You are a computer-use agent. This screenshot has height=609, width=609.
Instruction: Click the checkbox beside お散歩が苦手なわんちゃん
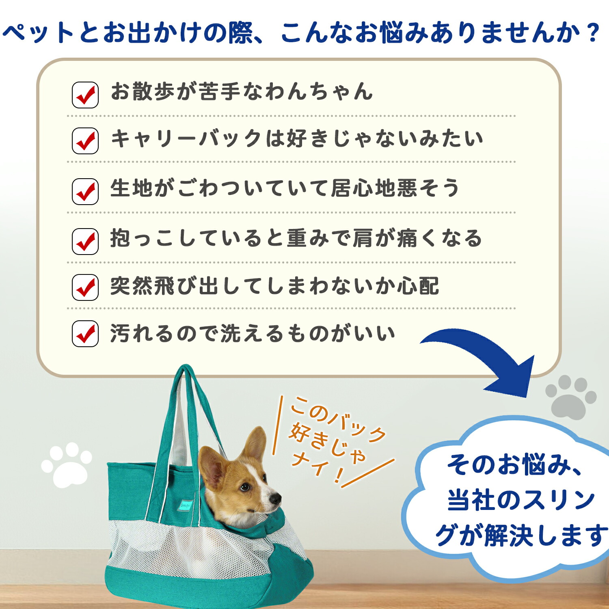tap(85, 95)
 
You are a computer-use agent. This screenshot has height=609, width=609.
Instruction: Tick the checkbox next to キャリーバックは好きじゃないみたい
tap(85, 141)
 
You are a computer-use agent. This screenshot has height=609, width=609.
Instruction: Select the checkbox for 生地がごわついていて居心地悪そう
tap(85, 191)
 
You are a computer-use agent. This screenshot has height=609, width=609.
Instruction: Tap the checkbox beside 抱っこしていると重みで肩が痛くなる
tap(85, 242)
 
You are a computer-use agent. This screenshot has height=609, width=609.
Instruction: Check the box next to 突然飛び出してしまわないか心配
tap(85, 287)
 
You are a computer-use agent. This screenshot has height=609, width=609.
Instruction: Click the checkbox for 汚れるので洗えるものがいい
tap(85, 334)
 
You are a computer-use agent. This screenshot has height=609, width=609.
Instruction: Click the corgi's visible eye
tap(244, 486)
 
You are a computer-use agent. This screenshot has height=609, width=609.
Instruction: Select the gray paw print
tap(571, 396)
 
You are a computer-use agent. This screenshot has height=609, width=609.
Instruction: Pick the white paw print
tap(67, 465)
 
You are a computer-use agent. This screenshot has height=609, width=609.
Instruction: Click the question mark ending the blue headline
tap(593, 32)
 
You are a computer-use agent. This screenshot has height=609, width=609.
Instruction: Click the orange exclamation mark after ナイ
tap(338, 475)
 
